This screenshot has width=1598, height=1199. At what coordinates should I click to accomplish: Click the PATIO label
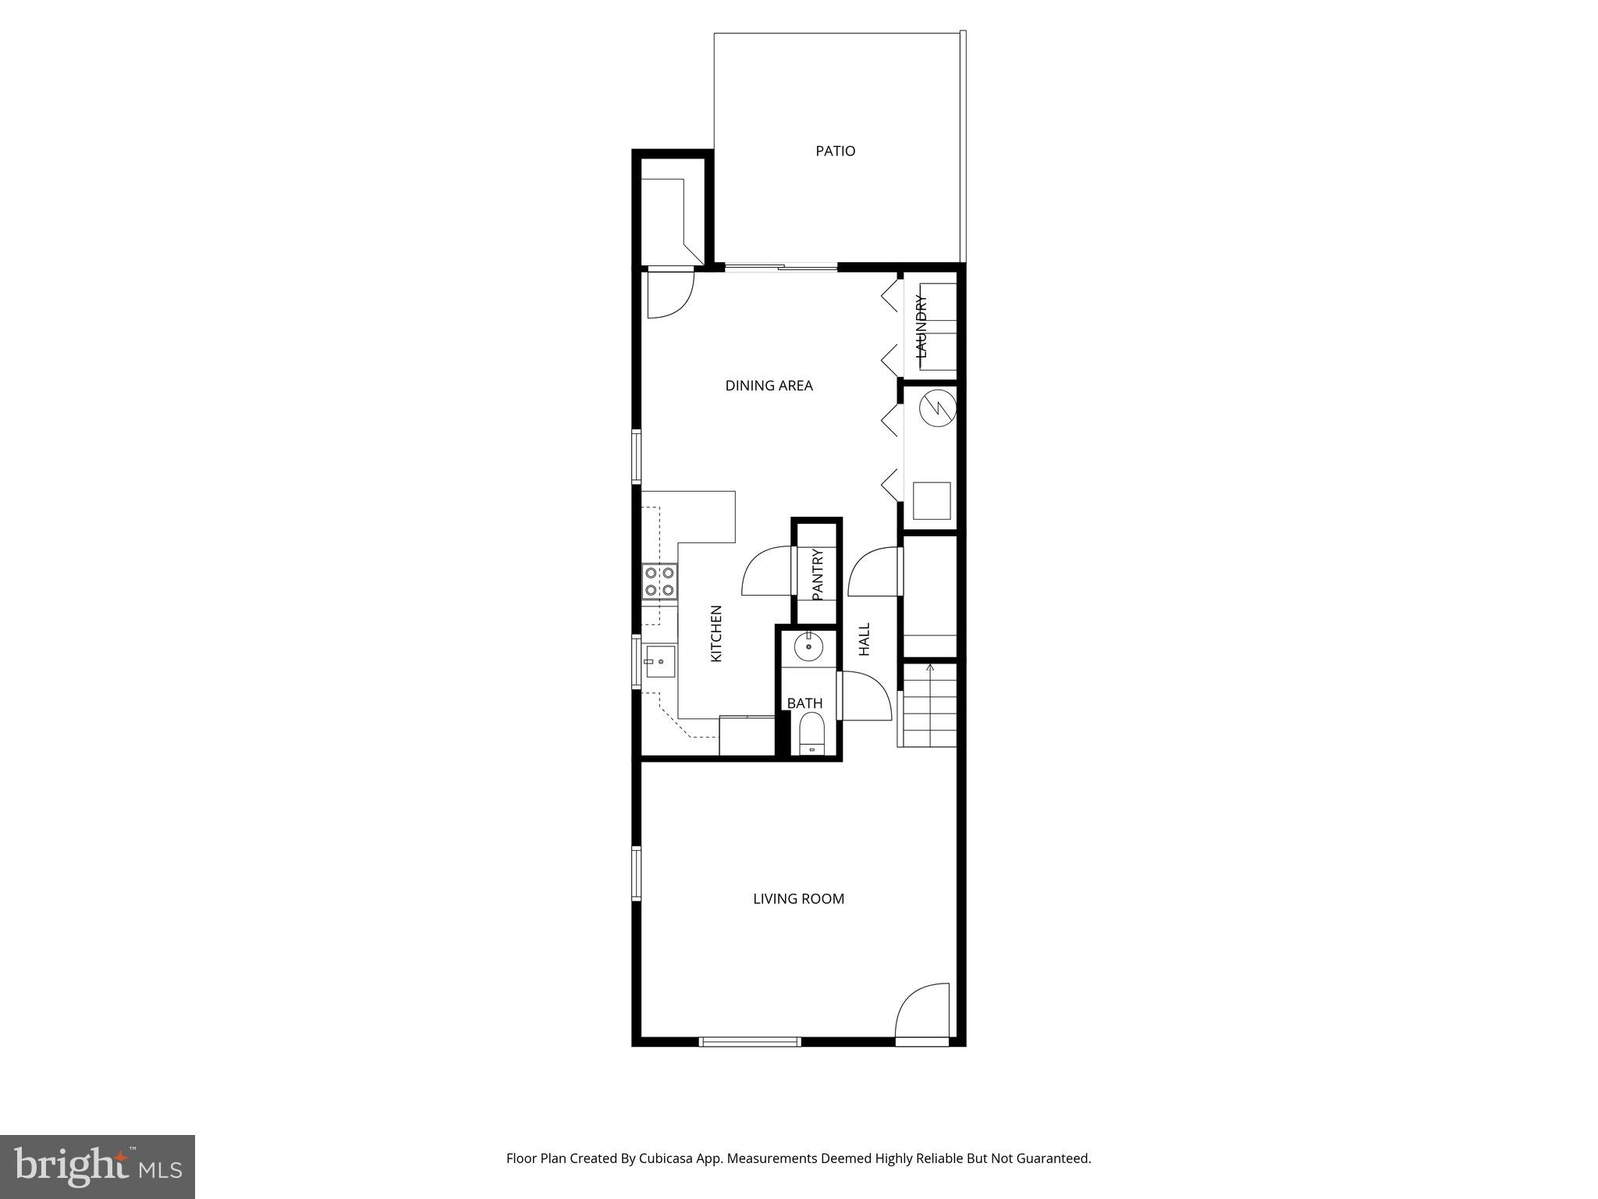[x=835, y=151]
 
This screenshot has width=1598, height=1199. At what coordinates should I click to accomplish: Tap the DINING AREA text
[x=769, y=386]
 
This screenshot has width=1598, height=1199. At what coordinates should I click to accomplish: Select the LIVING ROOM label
[x=798, y=898]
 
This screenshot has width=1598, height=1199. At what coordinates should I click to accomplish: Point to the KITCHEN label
[x=716, y=634]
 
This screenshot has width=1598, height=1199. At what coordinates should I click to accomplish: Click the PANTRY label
[x=818, y=575]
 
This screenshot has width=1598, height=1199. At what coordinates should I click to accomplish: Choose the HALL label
[x=865, y=639]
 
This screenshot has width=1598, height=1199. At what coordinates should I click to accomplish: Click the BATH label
[x=804, y=703]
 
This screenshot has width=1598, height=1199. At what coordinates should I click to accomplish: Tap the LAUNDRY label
[x=922, y=326]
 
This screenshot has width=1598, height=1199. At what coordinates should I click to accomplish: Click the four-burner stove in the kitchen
[x=659, y=582]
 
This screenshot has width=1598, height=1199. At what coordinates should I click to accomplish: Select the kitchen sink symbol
[x=659, y=663]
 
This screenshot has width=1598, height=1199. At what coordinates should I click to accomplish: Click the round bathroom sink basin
[x=808, y=646]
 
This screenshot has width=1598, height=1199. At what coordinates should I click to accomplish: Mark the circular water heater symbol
[x=937, y=407]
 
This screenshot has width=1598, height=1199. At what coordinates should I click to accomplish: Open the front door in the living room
[x=922, y=1015]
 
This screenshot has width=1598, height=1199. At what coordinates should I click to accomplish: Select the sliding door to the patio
[x=781, y=268]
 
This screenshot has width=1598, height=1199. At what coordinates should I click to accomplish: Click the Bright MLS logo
[x=98, y=1166]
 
